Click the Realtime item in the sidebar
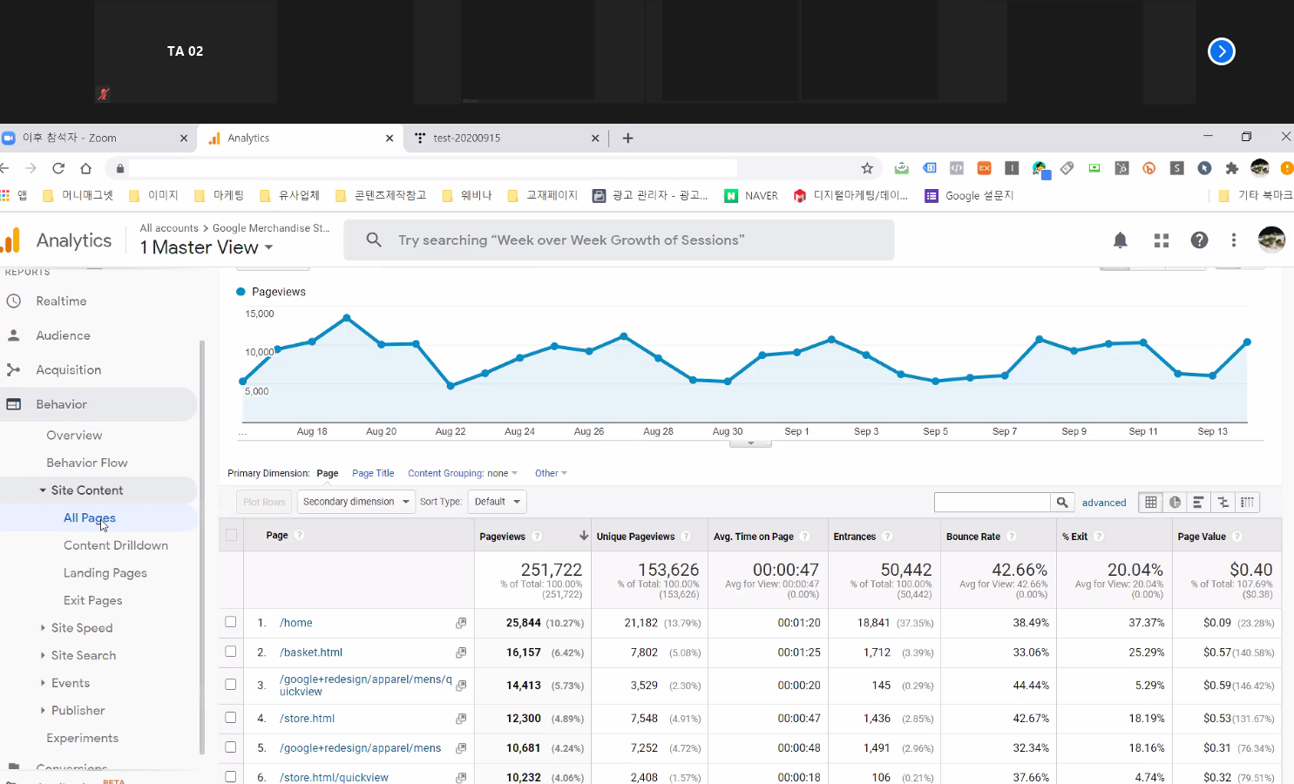[x=61, y=301]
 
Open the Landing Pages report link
[x=105, y=573]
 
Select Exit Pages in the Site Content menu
[x=92, y=600]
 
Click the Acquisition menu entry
[x=68, y=370]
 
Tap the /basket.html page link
[x=311, y=652]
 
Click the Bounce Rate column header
[x=973, y=537]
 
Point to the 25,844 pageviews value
[x=523, y=623]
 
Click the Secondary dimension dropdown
[x=356, y=502]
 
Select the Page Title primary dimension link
[x=373, y=474]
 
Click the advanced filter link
[x=1104, y=503]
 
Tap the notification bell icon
[x=1121, y=240]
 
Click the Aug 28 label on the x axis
[x=658, y=431]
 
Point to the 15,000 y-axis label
[x=260, y=314]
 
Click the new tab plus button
[x=627, y=138]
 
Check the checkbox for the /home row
[x=231, y=622]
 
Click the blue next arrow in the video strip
[x=1221, y=51]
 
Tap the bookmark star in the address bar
[x=867, y=168]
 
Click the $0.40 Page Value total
[x=1250, y=570]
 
